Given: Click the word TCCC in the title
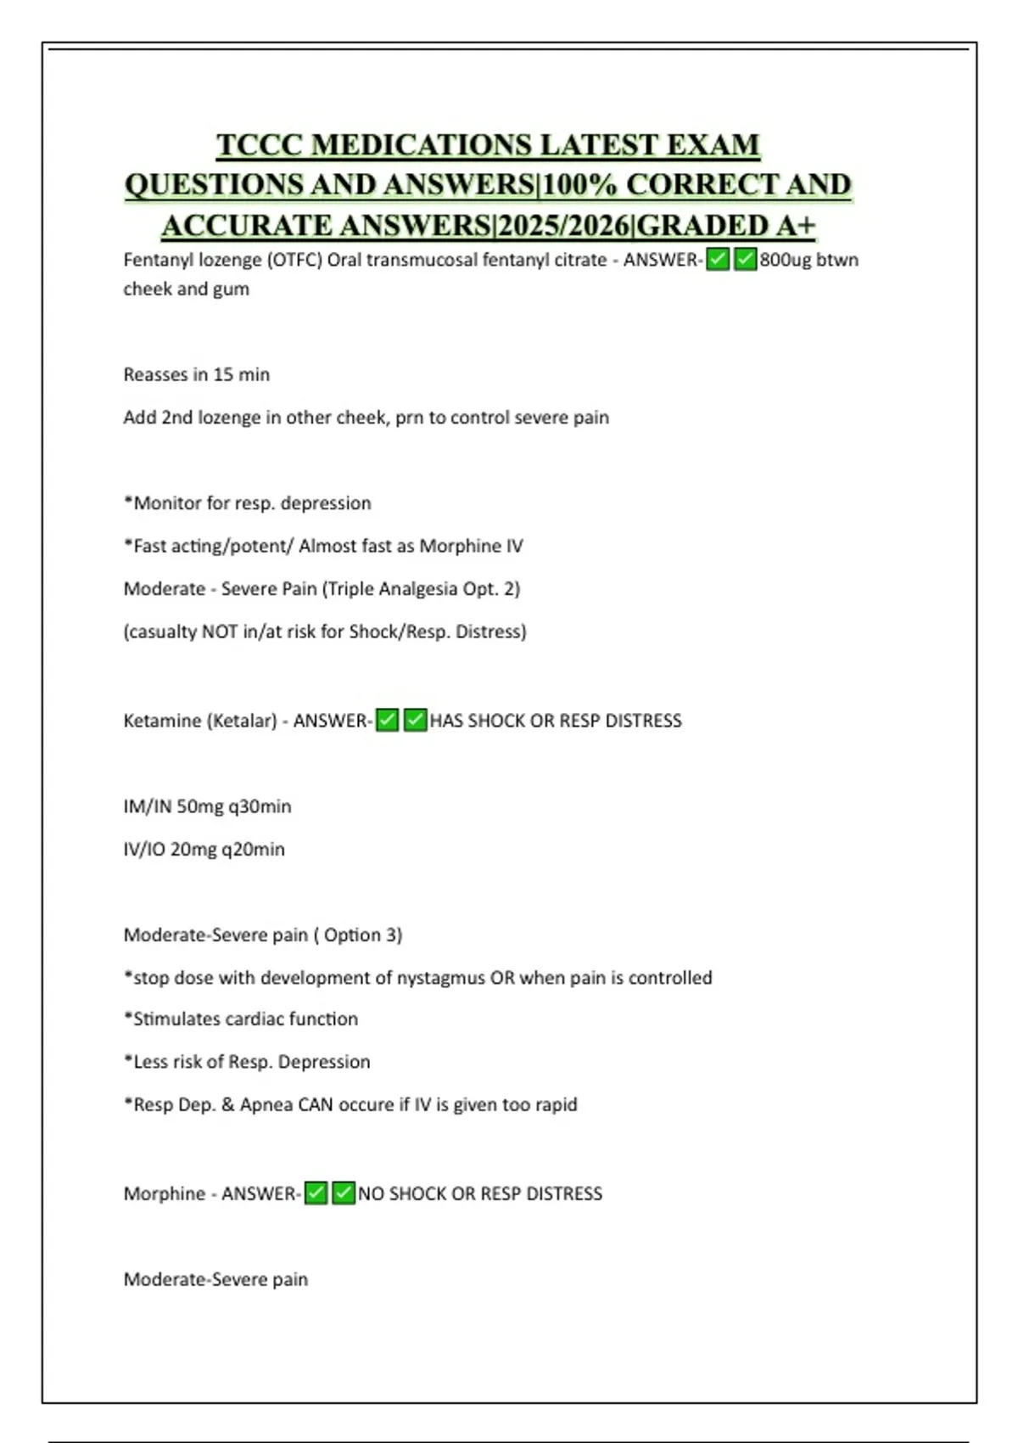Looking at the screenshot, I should coord(260,145).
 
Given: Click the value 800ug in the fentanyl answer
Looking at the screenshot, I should coord(786,260).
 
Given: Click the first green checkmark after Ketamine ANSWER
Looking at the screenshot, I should coord(387,721).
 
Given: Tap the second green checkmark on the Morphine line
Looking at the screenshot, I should coord(344,1193).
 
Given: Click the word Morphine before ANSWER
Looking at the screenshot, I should coord(165,1193).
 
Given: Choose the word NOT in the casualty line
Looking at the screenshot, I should coord(219,632).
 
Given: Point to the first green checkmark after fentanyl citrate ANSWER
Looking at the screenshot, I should coord(718,260).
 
